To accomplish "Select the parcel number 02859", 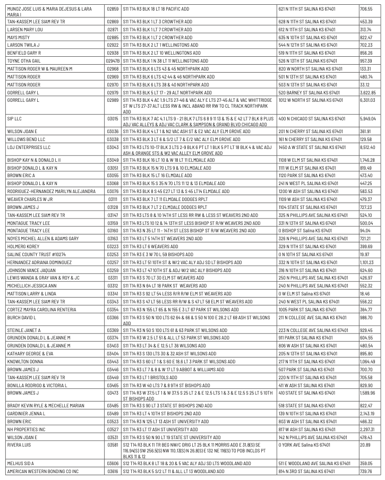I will [112, 10].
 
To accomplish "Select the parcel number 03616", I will [112, 471].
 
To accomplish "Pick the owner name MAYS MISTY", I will [15, 38].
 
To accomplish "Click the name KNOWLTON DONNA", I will [21, 361].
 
